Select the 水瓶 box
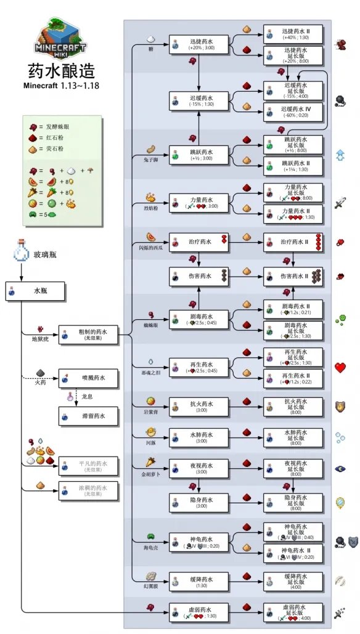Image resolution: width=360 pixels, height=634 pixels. [x=36, y=291]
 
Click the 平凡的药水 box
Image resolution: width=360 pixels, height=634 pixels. [x=88, y=466]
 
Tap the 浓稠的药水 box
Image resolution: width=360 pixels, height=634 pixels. [x=88, y=490]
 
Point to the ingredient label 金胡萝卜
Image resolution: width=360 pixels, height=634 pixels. [x=149, y=473]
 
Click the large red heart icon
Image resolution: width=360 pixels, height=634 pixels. [x=340, y=368]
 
